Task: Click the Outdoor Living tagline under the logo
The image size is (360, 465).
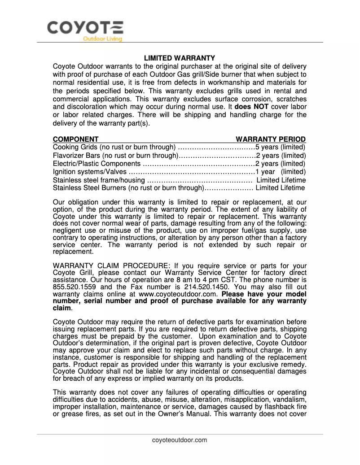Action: [x=102, y=39]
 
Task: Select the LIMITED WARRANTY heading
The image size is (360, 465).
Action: [x=180, y=58]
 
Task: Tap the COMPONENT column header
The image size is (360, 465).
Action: [x=76, y=139]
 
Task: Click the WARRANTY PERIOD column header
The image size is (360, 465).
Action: [x=271, y=139]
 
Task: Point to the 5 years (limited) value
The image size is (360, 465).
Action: [x=281, y=147]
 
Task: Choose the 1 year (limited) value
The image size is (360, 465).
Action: [x=281, y=172]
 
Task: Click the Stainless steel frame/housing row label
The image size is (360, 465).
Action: [x=99, y=180]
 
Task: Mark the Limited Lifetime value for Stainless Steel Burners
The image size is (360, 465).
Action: [x=280, y=188]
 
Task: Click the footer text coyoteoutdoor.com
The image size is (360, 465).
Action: [x=180, y=440]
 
